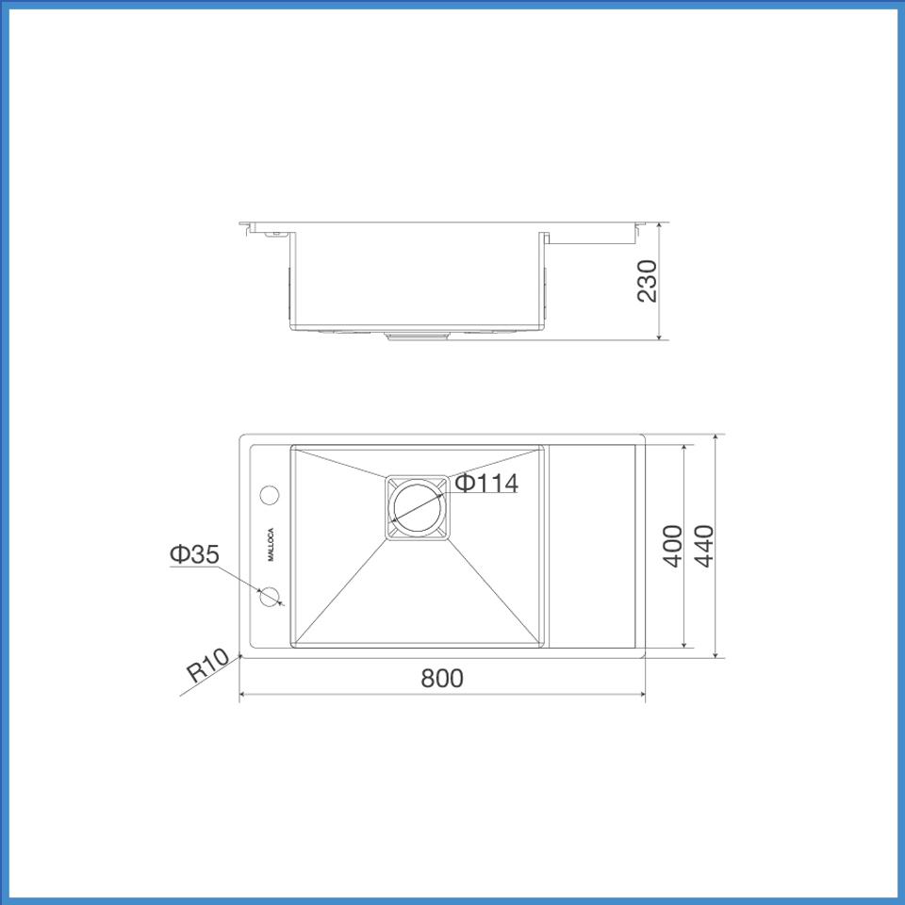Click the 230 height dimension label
coord(648,281)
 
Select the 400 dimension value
coord(673,546)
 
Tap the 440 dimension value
coord(703,546)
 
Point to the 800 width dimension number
coord(442,678)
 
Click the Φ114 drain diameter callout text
coord(486,484)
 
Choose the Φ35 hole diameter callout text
coord(194,554)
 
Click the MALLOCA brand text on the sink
coord(271,543)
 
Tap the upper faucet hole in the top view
coord(271,494)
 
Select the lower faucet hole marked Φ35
coord(271,596)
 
